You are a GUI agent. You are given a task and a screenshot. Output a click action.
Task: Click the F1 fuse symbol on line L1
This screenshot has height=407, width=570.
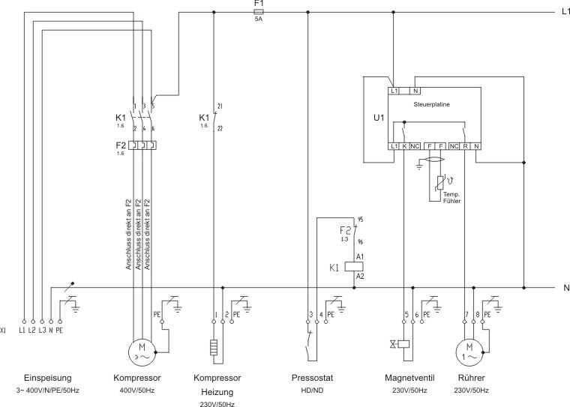click(259, 12)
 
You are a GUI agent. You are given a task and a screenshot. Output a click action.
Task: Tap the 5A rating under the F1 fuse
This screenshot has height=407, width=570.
click(259, 20)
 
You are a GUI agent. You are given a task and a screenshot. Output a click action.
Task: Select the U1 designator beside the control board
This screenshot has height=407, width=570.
click(379, 118)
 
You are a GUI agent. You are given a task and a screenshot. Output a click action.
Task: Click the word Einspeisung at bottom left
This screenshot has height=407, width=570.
click(48, 378)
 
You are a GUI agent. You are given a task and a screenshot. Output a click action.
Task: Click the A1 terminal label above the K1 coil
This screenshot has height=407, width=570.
click(360, 256)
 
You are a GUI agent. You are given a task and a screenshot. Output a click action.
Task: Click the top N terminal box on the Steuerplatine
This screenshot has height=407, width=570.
click(414, 91)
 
